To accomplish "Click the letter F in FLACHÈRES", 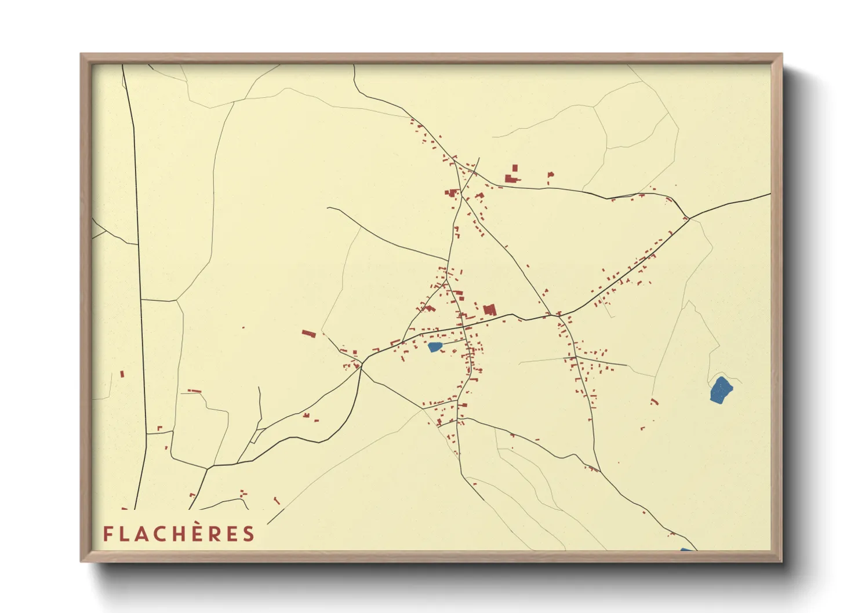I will (107, 534).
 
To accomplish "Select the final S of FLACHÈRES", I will (249, 534).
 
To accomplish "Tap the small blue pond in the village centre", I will (435, 347).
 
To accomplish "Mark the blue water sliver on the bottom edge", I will (686, 549).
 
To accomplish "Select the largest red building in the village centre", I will (489, 309).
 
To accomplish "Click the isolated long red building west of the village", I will (308, 334).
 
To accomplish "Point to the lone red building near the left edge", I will (122, 374).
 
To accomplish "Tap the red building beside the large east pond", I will (655, 401).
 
